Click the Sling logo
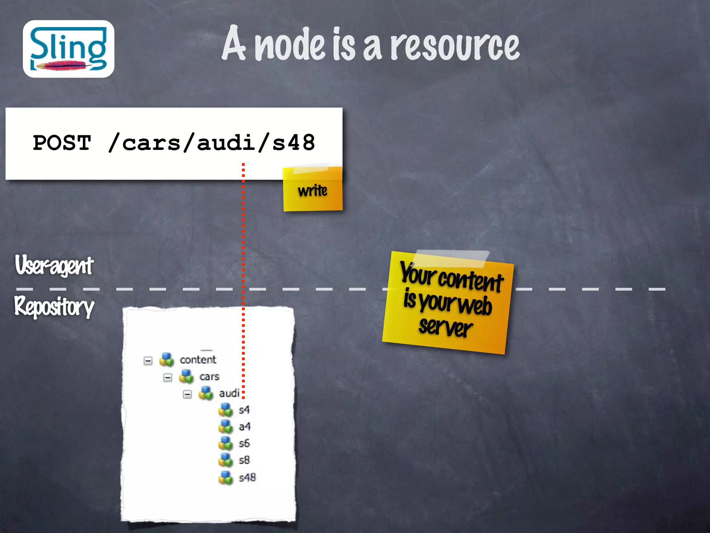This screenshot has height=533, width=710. tap(68, 49)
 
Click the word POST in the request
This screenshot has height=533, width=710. tap(62, 143)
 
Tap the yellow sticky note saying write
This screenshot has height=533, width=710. tap(313, 191)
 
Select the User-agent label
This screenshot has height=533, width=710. tap(54, 265)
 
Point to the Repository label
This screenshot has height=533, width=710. tap(54, 307)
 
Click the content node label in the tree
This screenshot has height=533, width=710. tap(198, 360)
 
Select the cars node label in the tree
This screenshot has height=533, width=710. tap(209, 377)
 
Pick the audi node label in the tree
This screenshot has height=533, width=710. tap(229, 394)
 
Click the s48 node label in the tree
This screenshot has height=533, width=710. tap(247, 478)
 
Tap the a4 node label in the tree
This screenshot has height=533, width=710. tap(244, 427)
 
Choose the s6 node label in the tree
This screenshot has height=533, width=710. tap(244, 443)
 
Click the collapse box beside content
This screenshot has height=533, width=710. tap(148, 361)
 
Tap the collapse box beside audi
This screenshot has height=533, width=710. tap(187, 395)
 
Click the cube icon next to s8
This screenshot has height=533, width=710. tap(226, 460)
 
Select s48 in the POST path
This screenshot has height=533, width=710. tap(293, 143)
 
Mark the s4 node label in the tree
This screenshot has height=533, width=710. tap(244, 410)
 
